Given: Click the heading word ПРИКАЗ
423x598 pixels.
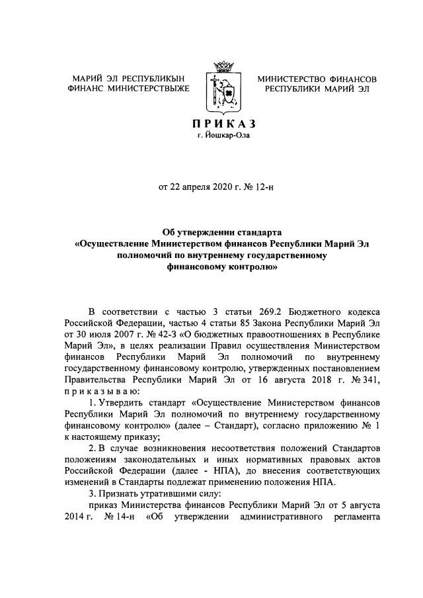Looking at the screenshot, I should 223,124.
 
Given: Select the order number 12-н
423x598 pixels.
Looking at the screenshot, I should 262,187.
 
